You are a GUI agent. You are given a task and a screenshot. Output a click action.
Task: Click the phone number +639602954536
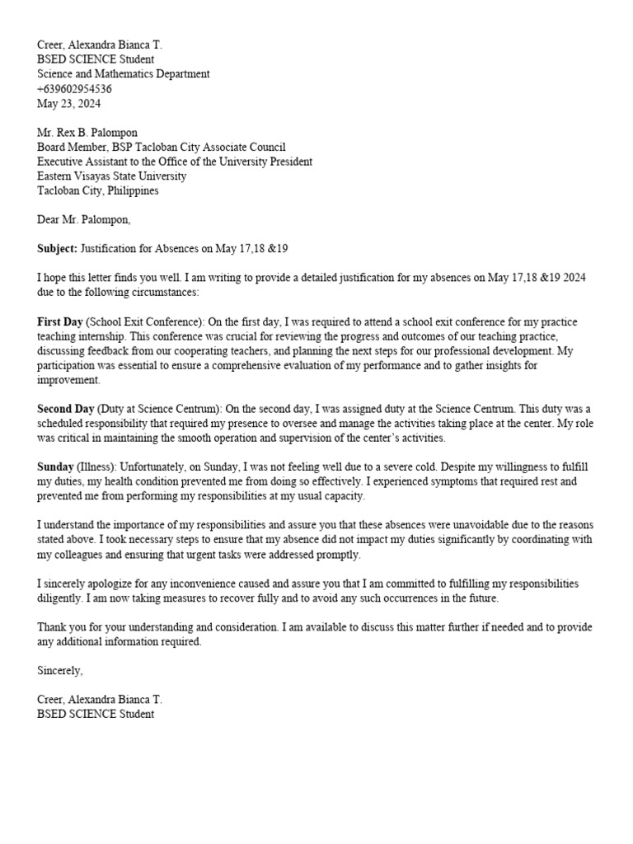coord(74,89)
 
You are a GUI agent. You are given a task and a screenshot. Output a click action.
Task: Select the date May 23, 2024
coord(69,104)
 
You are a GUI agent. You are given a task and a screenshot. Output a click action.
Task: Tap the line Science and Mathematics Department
coord(123,74)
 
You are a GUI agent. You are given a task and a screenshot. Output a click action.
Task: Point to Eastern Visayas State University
coord(111,176)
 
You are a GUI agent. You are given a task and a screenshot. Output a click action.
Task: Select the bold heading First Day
coord(60,321)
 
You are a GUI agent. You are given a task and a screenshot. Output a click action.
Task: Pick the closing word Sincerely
coord(59,671)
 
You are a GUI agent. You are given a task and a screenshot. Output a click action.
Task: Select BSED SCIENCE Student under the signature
coord(95,715)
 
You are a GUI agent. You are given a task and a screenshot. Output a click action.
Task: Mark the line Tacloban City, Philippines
coord(98,191)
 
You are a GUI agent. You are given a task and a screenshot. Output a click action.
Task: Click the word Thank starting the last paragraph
coord(52,627)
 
